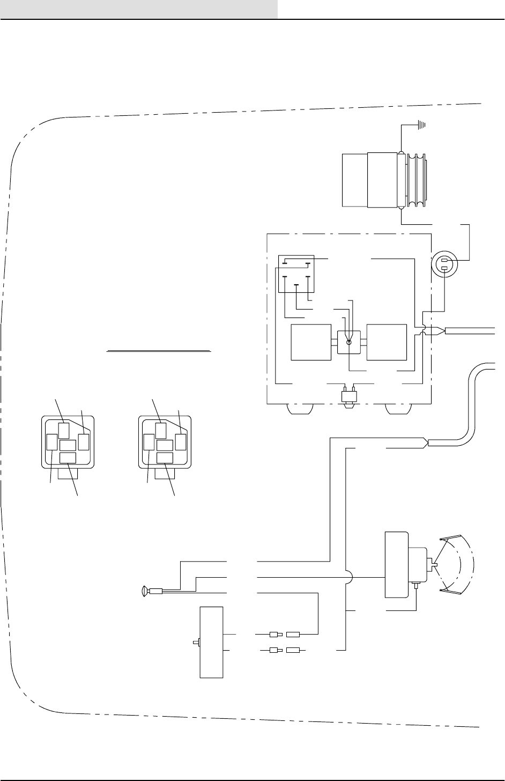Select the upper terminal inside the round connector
coord(444,261)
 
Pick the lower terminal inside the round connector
coord(444,269)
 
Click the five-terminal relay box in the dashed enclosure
coord(295,274)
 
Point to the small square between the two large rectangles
coord(349,343)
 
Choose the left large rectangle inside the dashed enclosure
coord(310,342)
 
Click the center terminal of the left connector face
coord(68,445)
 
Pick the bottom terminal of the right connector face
coord(165,458)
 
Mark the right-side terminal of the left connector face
coord(84,442)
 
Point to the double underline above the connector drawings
coord(159,351)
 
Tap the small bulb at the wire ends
coord(144,592)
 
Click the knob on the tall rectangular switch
coord(196,642)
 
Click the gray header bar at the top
coord(139,9)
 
